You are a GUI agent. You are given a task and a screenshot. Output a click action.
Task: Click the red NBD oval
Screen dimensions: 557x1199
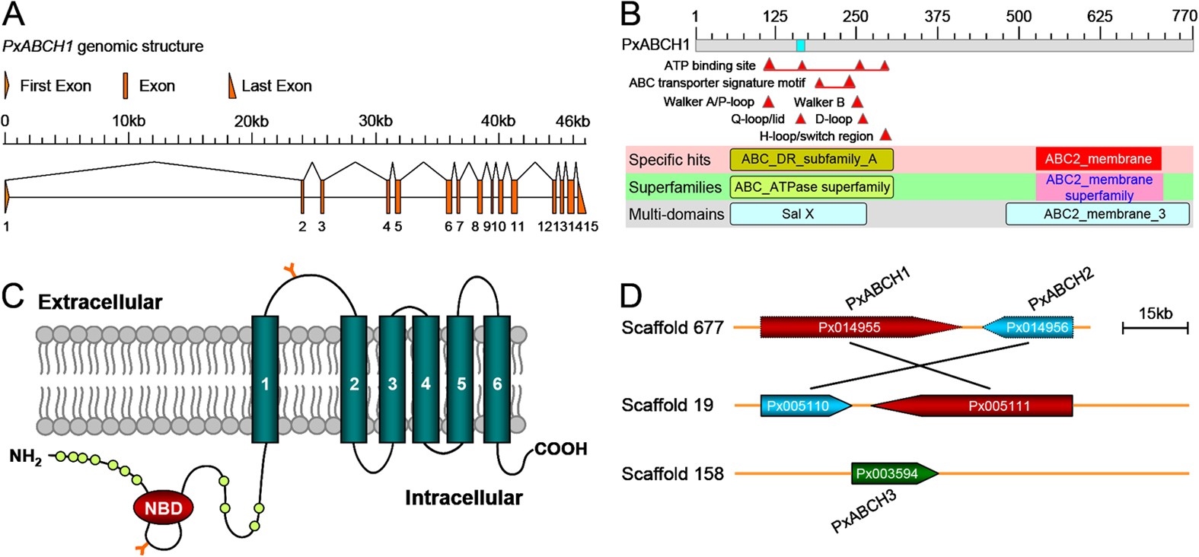(164, 508)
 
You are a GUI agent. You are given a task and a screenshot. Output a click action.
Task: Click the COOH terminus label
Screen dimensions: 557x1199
(561, 449)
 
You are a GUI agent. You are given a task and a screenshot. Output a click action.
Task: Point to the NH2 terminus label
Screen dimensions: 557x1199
(25, 457)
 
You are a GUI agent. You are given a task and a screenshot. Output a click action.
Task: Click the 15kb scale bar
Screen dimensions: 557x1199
(1155, 328)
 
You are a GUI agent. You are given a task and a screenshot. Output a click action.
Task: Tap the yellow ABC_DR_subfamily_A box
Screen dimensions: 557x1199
(811, 159)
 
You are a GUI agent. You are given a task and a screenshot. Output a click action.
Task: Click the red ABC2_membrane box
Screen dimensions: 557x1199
(1098, 159)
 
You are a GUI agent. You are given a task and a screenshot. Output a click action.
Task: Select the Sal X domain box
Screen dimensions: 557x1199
(798, 214)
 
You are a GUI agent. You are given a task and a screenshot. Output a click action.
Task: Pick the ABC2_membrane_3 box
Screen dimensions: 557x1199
(1097, 214)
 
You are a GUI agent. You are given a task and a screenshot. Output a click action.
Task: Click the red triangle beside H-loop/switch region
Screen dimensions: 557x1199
(885, 135)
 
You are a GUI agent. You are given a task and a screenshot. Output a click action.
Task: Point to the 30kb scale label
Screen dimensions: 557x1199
(375, 122)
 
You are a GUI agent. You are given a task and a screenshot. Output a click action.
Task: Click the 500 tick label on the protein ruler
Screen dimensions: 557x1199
(1019, 16)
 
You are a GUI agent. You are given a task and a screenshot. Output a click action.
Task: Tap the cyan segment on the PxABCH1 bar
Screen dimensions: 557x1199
(800, 46)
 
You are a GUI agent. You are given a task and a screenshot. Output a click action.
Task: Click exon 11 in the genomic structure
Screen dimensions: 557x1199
(515, 196)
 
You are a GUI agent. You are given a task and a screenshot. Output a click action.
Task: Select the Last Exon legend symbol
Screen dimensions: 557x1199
(232, 86)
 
